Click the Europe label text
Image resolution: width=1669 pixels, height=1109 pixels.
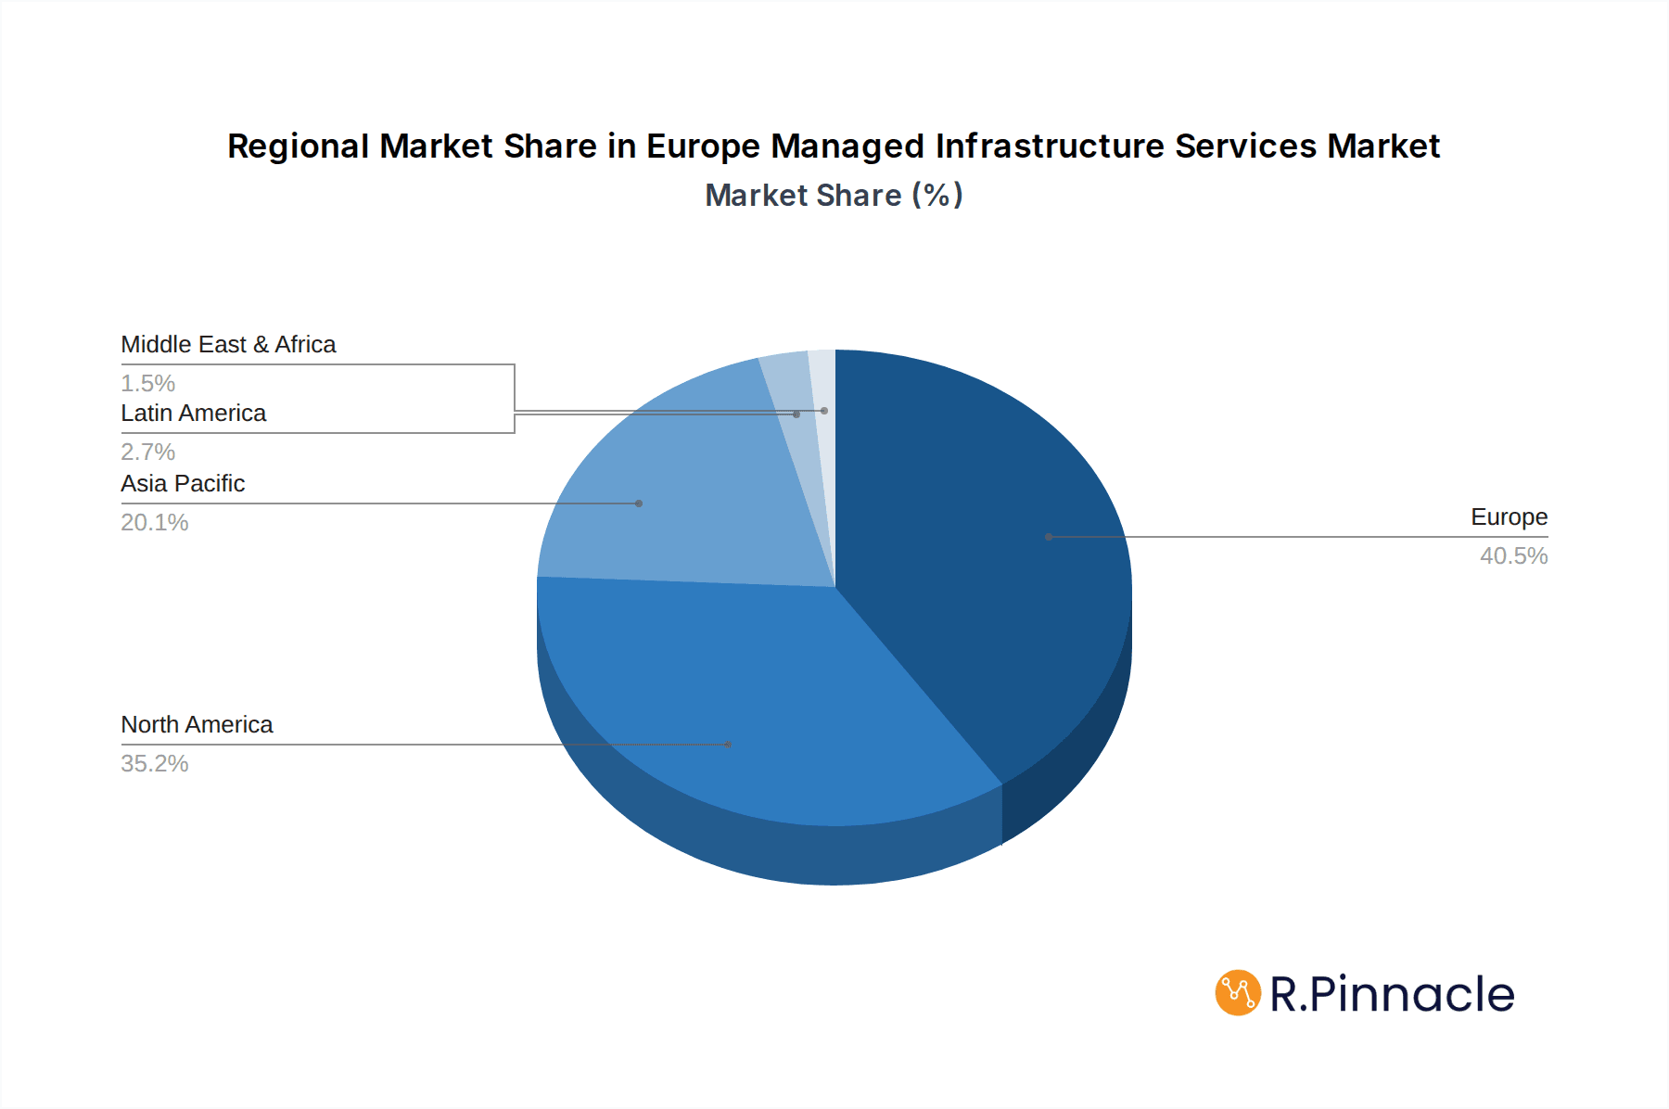(x=1509, y=516)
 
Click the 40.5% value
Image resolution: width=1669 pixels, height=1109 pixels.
(x=1513, y=555)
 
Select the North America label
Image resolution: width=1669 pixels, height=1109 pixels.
(x=197, y=724)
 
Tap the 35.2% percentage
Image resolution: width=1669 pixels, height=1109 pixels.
(x=155, y=763)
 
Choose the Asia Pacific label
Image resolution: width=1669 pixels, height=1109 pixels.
(x=183, y=483)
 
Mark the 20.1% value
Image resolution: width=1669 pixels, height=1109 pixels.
(x=155, y=522)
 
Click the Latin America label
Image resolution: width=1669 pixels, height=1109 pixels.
(x=193, y=413)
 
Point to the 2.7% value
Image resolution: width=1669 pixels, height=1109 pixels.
(x=148, y=452)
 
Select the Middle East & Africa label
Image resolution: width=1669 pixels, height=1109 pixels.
(x=228, y=344)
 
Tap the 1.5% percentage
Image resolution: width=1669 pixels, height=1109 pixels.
(x=148, y=383)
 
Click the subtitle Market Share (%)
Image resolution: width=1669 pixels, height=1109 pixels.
(x=834, y=195)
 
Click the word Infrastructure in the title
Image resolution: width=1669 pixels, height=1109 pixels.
(x=1050, y=147)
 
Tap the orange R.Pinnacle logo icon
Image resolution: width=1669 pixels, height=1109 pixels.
(x=1238, y=993)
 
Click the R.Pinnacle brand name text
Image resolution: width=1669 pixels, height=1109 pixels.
(x=1392, y=994)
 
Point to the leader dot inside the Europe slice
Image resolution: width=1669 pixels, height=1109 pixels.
(x=1049, y=537)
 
